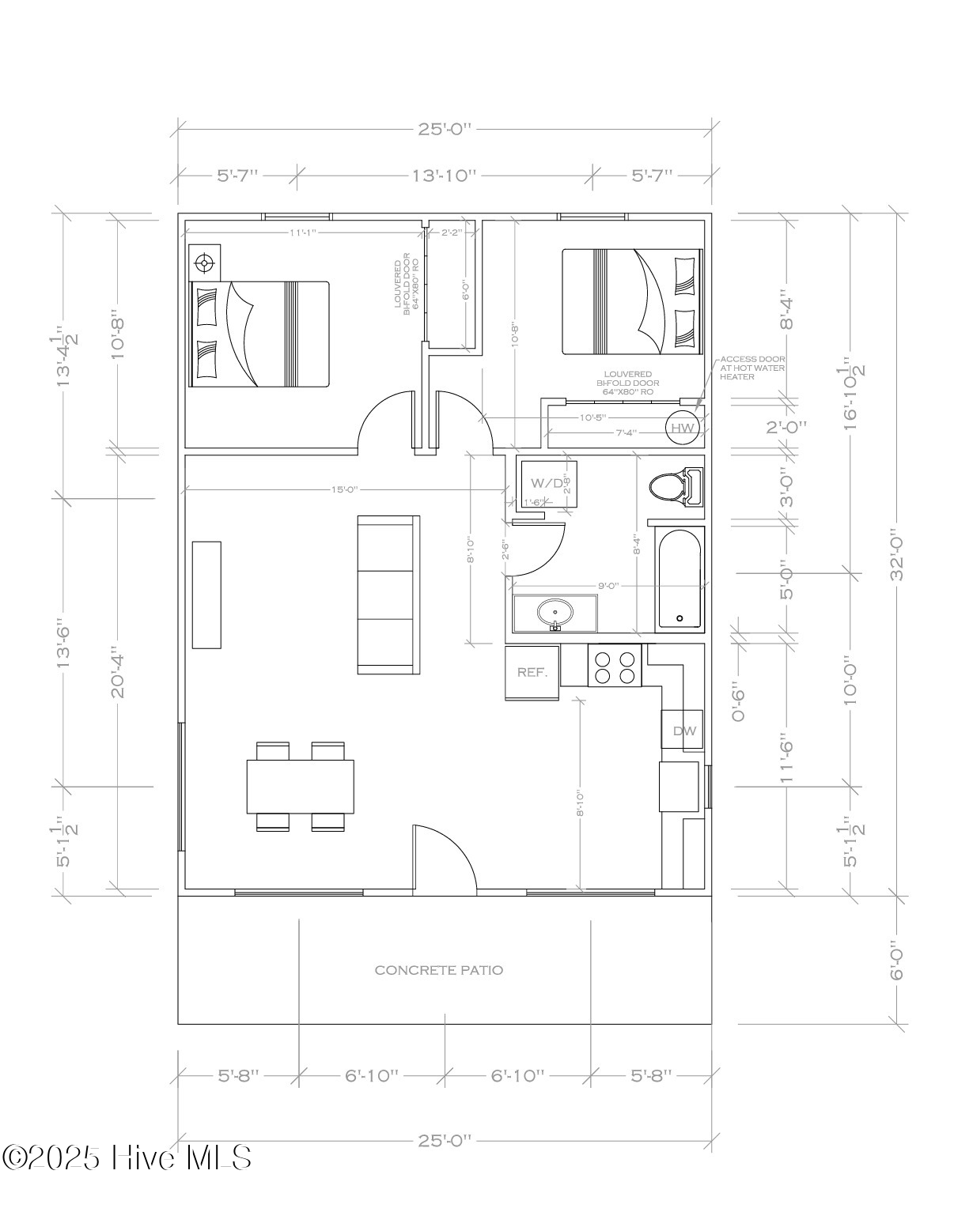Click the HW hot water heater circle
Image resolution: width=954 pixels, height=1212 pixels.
682,428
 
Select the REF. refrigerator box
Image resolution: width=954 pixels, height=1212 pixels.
532,672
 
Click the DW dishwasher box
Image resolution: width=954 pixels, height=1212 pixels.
683,731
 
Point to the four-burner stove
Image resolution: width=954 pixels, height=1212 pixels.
615,666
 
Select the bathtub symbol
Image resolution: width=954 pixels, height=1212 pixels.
680,579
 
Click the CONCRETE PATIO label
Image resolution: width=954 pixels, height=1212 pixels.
438,970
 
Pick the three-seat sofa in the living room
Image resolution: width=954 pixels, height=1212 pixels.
388,595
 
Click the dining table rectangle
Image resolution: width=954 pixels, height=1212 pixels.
300,786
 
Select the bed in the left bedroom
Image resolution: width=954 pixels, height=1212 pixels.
259,334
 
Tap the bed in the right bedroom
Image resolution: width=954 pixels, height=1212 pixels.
632,302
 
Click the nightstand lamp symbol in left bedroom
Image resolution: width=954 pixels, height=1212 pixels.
205,262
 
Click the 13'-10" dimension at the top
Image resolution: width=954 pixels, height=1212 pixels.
445,175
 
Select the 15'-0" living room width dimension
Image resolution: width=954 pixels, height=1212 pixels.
344,489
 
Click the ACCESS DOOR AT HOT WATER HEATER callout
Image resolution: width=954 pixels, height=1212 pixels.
751,368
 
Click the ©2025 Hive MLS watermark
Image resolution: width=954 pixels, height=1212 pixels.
127,1158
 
